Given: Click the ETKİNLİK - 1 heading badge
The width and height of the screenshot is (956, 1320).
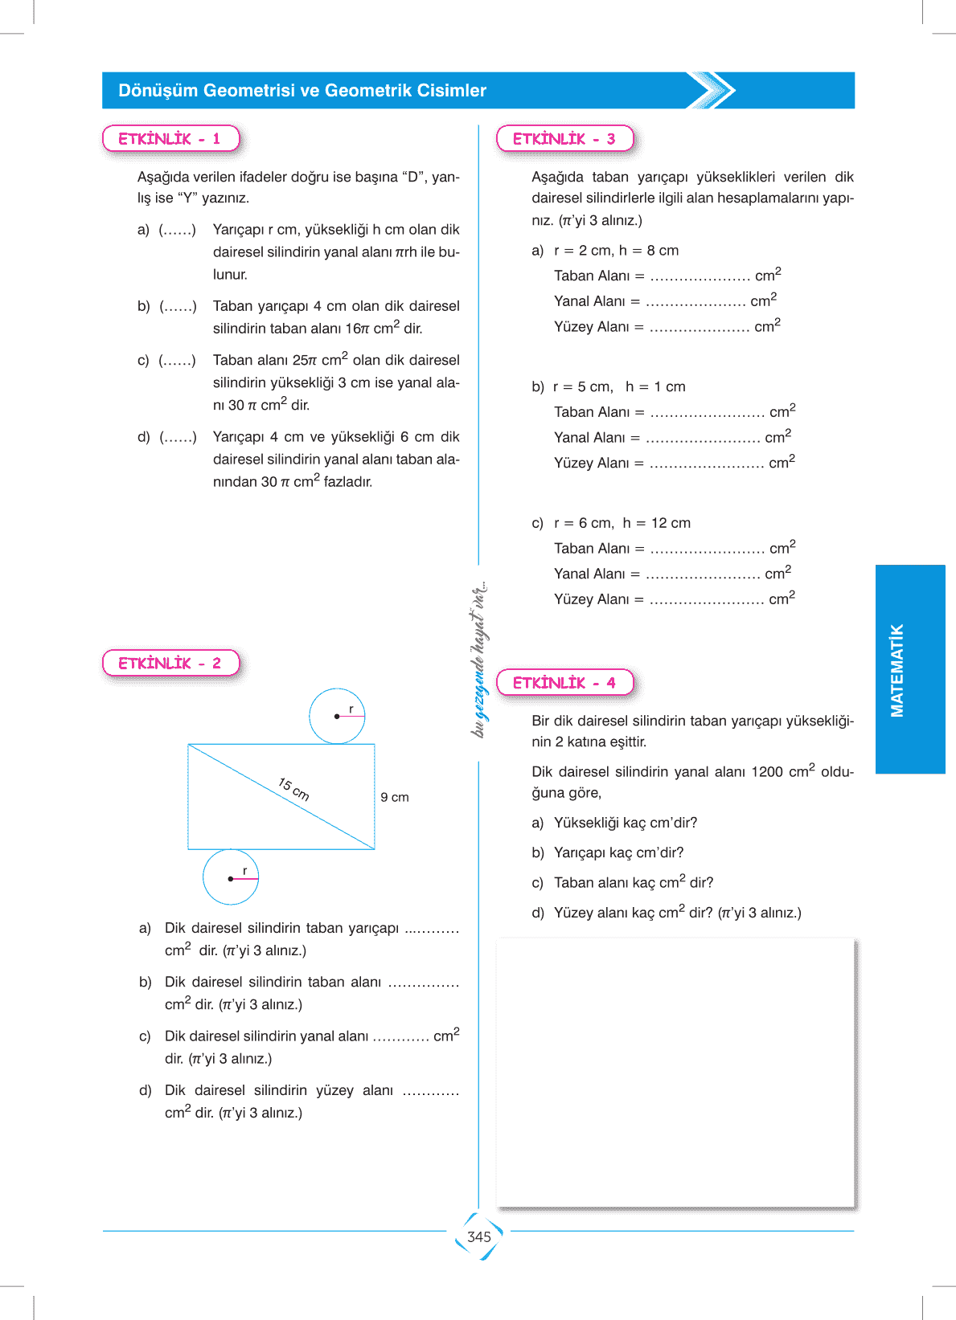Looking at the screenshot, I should click(x=170, y=138).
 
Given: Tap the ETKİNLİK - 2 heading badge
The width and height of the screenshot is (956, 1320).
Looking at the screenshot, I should click(x=170, y=663).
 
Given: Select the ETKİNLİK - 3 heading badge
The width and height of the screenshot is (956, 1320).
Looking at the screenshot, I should click(x=564, y=138).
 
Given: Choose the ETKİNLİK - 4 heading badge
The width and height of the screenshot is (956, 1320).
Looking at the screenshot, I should click(x=564, y=682).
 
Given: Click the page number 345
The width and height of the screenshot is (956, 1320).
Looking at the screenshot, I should click(x=478, y=1236).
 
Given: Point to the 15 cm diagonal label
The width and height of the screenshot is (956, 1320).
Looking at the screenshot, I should click(x=293, y=789).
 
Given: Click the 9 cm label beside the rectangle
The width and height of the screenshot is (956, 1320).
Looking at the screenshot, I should click(x=395, y=797).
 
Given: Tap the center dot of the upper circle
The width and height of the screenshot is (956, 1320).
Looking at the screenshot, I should click(x=337, y=716).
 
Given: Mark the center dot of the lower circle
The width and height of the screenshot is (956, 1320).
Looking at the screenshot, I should click(x=231, y=879).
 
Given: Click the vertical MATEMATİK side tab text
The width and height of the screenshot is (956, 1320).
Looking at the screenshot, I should click(x=897, y=669).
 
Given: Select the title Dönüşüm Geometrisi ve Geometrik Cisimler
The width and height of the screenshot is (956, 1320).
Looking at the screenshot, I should click(x=302, y=91).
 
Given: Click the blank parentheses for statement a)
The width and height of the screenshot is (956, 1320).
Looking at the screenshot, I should click(x=178, y=230).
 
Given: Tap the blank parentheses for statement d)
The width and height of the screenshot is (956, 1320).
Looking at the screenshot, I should click(x=178, y=437).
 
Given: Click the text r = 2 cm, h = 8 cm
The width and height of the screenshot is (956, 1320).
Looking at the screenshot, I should click(x=616, y=251).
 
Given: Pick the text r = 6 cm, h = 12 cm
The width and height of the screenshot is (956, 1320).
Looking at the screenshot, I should click(x=622, y=523).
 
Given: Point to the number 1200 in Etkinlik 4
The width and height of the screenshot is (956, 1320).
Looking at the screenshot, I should click(x=766, y=772).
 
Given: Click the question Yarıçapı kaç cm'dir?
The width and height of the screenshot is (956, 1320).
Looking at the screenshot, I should click(x=618, y=852).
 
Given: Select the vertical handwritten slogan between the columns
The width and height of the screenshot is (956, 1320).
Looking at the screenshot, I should click(x=479, y=659).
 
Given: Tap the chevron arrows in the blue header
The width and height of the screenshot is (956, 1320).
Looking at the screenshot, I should click(x=712, y=90).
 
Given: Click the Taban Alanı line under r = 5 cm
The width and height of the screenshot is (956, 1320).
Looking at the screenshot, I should click(x=675, y=412).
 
